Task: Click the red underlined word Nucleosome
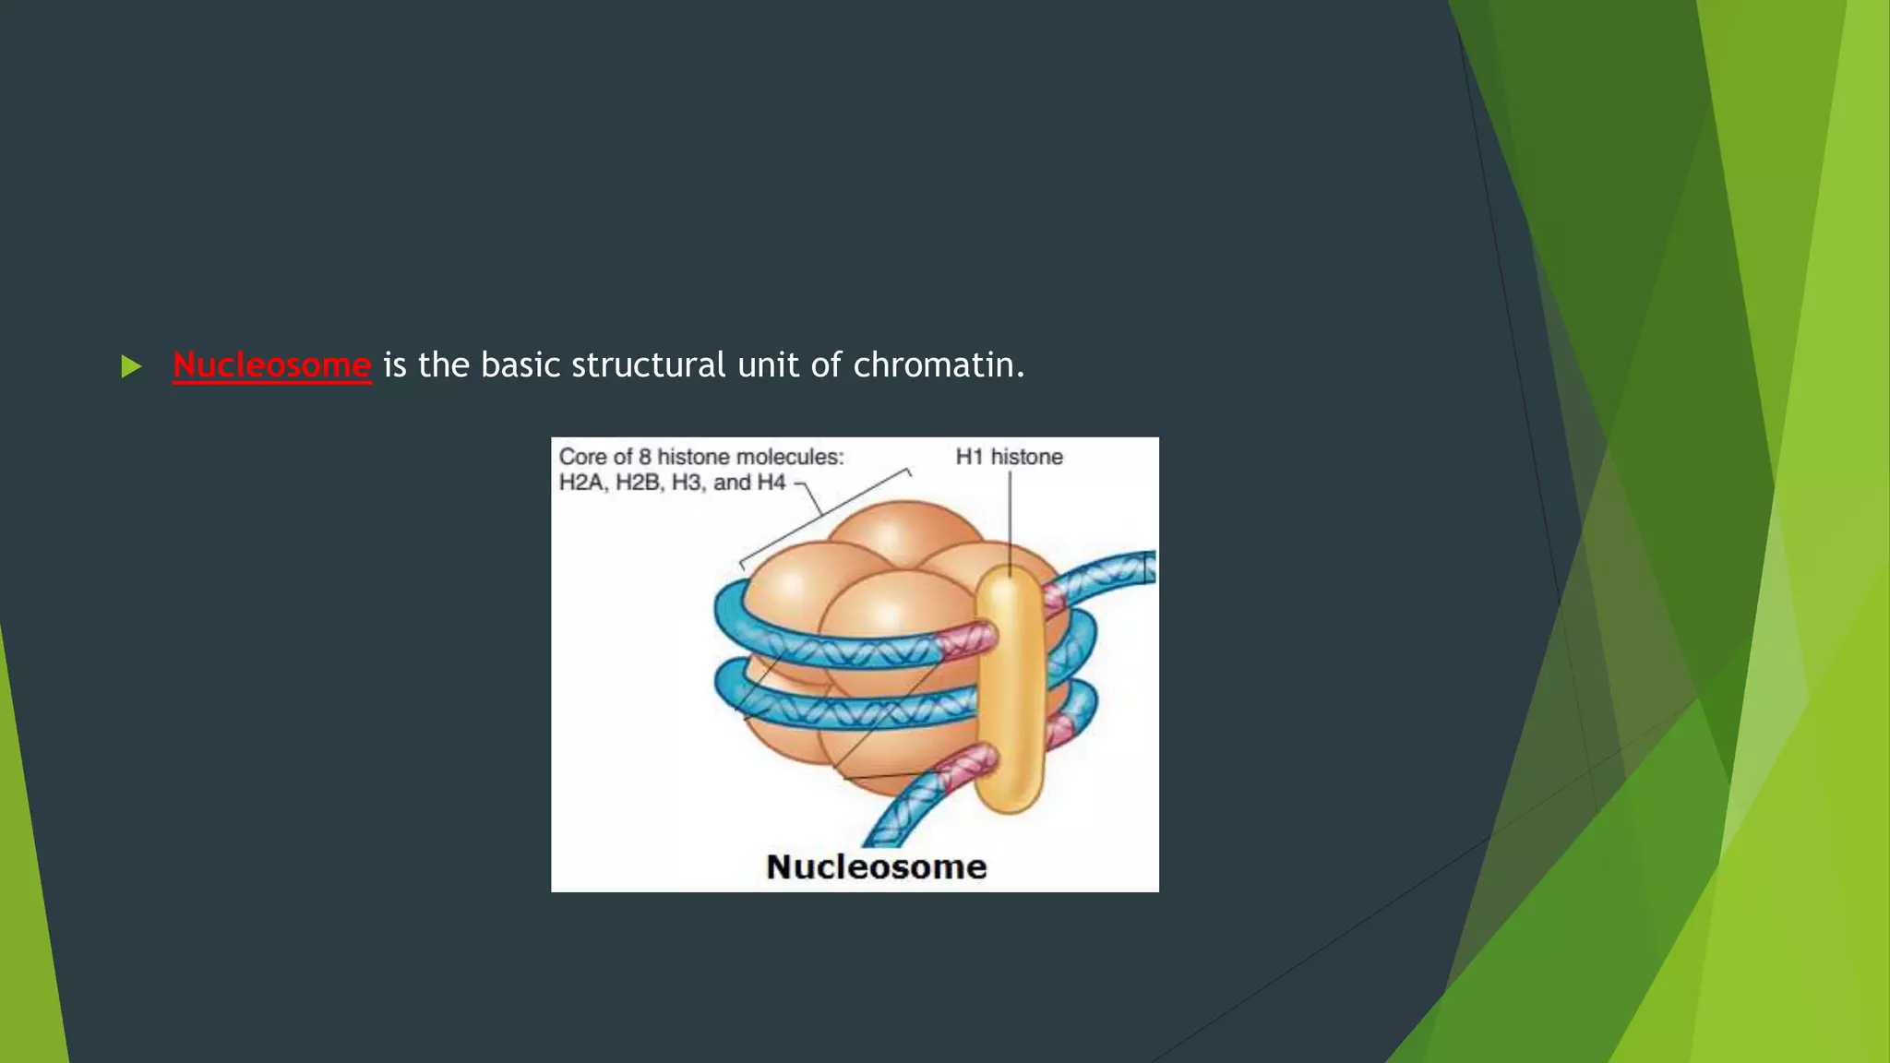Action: click(x=271, y=365)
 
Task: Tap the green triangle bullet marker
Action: click(x=131, y=366)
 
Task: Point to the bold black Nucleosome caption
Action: click(x=876, y=866)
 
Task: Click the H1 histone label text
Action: click(x=1009, y=457)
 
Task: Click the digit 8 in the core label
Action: click(x=645, y=457)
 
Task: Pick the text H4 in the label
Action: click(x=771, y=483)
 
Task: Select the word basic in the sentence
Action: click(x=520, y=365)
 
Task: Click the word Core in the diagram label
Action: click(x=582, y=457)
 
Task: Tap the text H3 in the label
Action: click(x=687, y=483)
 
